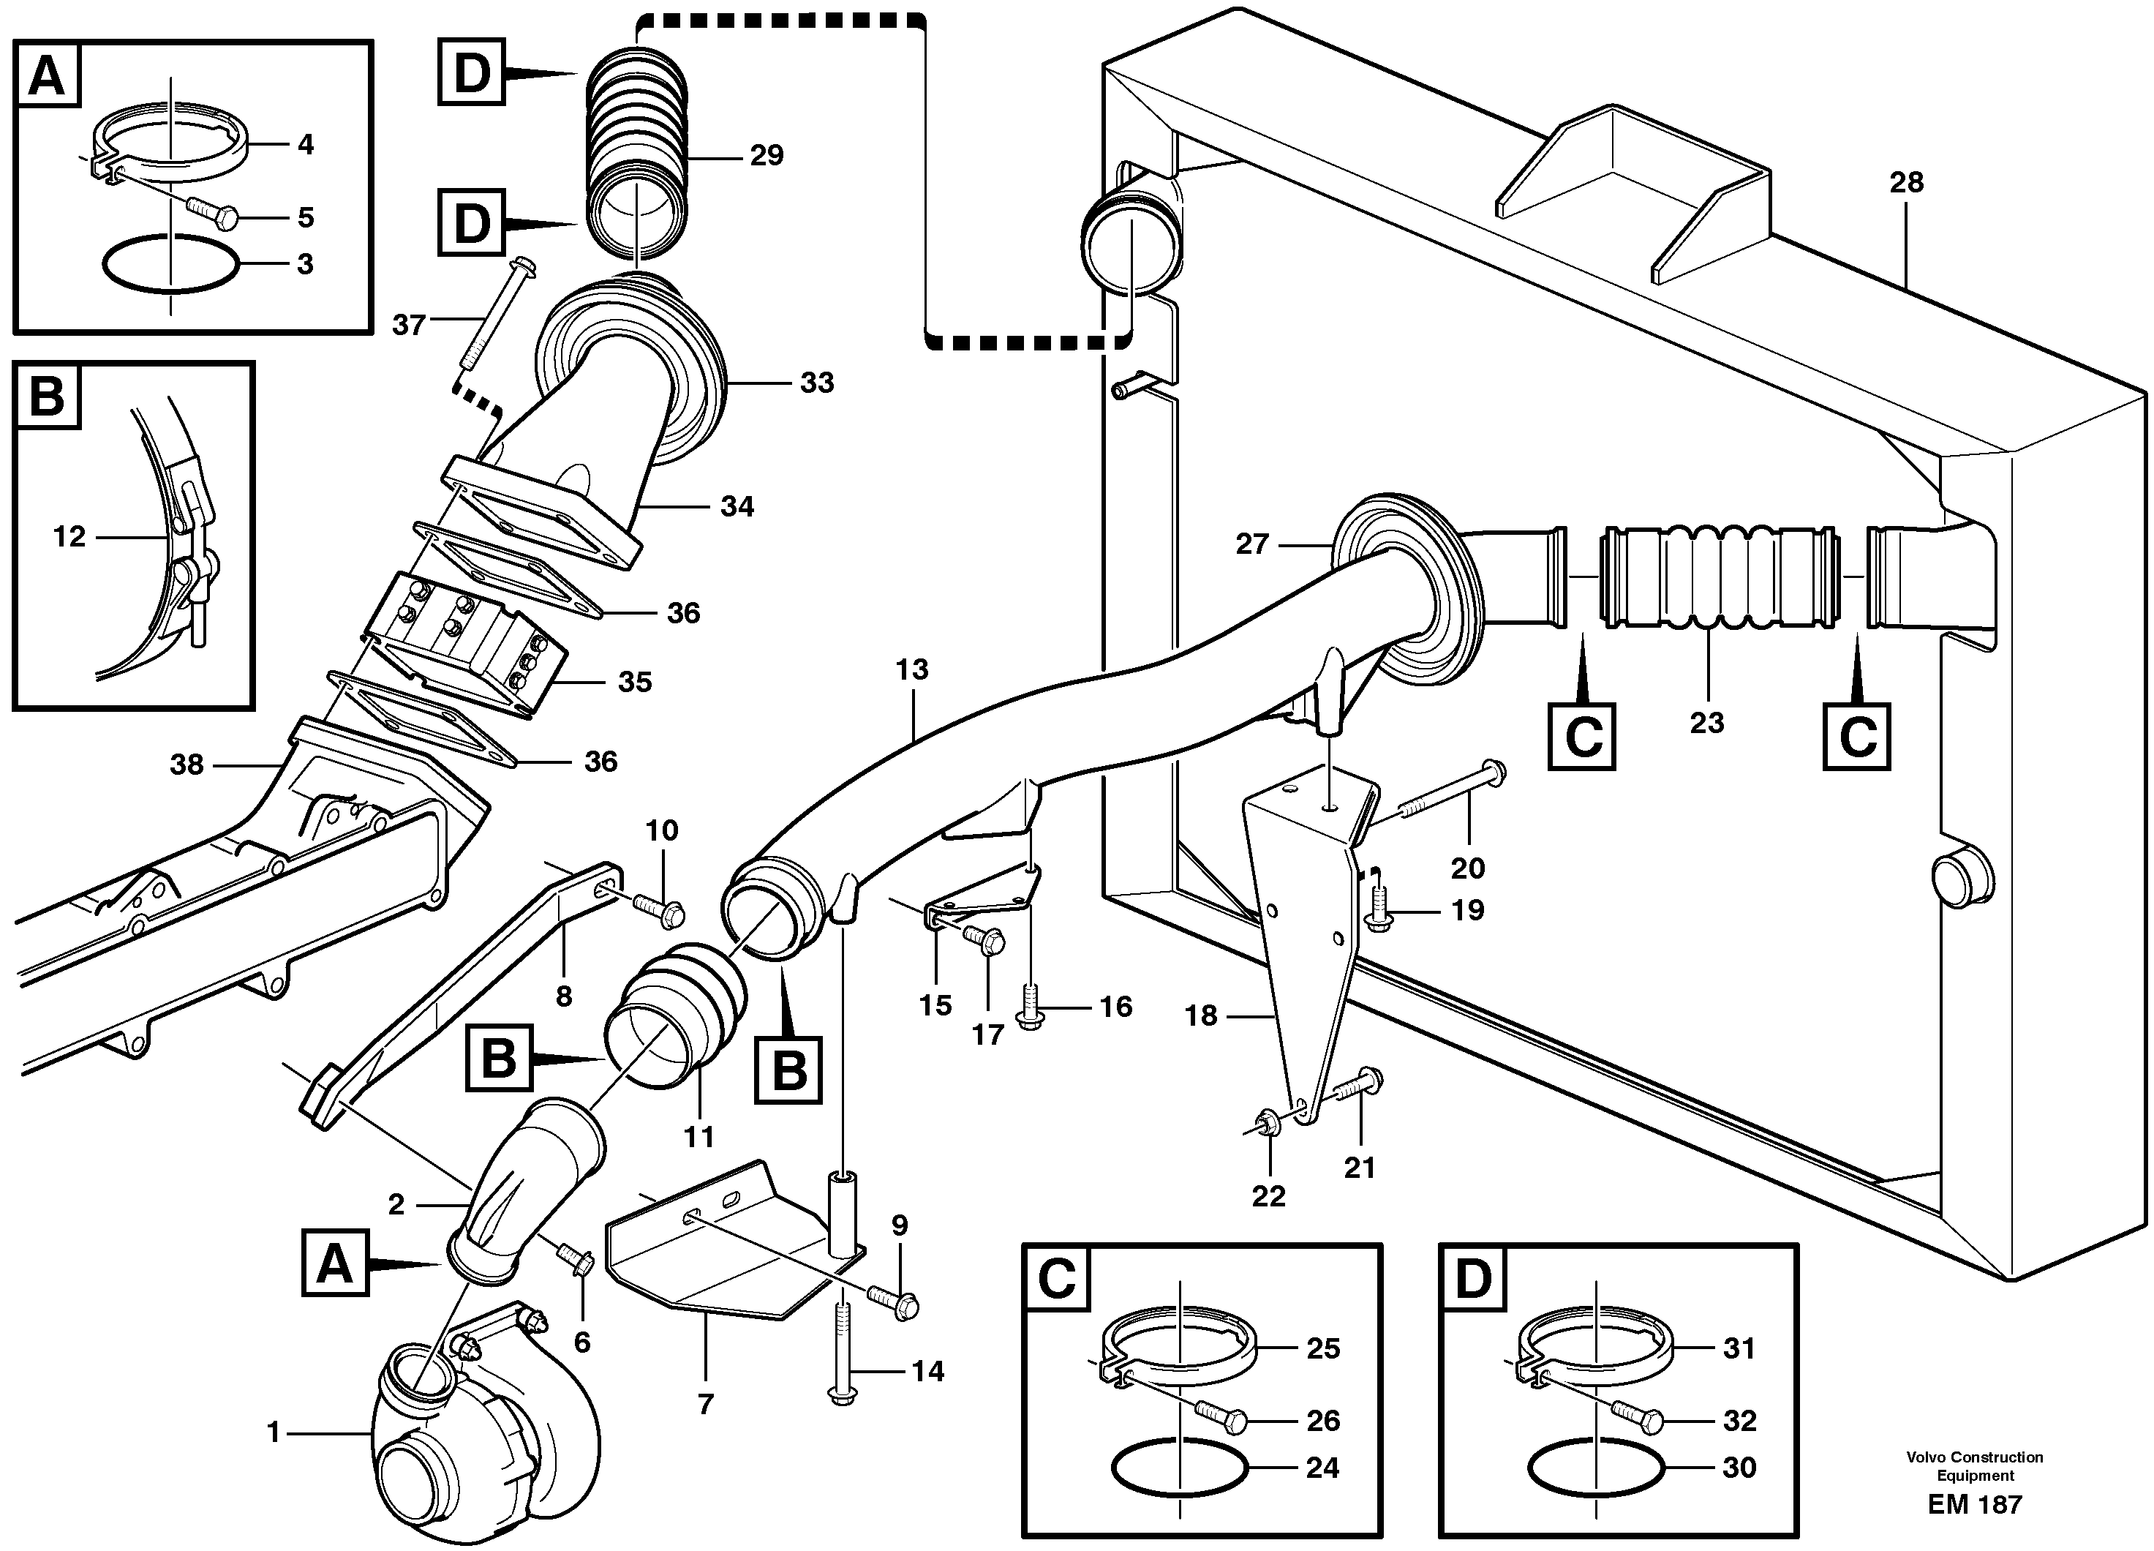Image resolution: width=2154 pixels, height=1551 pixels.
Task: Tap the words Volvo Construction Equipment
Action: pos(1975,1465)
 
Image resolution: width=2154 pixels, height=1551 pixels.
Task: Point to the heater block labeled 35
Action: pos(465,631)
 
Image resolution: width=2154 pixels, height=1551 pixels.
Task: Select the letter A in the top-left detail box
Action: pos(48,76)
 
